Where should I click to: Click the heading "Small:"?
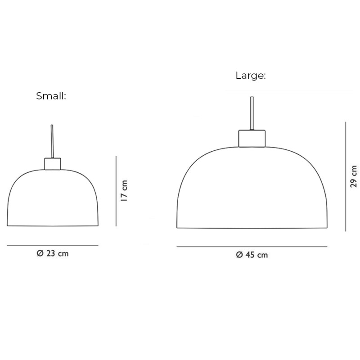51,96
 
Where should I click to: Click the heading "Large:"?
251,76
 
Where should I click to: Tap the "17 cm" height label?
125,191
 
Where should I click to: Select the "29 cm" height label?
354,176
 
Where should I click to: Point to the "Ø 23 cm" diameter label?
53,253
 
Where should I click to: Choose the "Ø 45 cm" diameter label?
252,255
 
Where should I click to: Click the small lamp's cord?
53,141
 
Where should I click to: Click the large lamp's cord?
251,112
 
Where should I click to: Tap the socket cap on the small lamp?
53,163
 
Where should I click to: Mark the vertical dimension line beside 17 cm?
116,191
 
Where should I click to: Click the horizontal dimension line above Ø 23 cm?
53,245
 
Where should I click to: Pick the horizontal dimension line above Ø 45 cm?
252,247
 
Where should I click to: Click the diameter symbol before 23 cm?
39,253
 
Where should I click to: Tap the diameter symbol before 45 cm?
239,255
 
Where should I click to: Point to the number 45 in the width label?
250,255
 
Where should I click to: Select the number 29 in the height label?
354,182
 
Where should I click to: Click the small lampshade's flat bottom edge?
53,225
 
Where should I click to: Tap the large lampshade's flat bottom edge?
252,228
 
